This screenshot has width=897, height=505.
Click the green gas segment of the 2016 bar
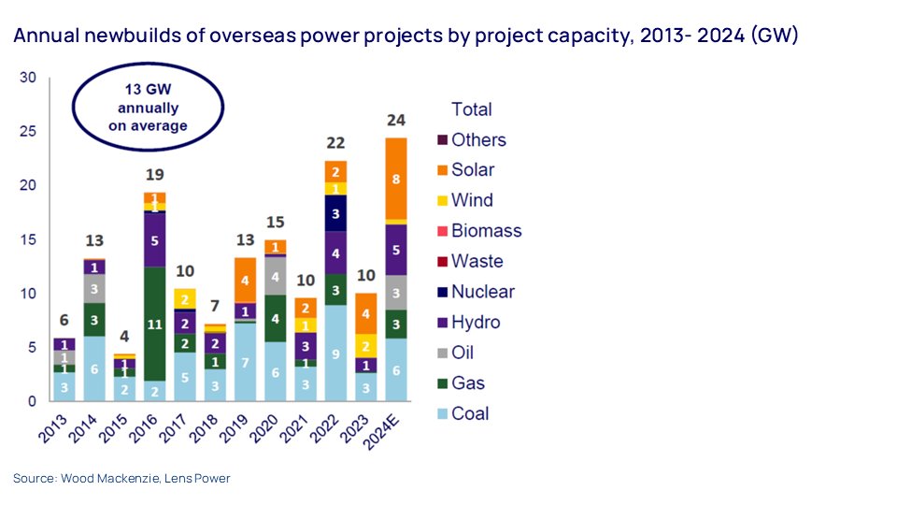[155, 325]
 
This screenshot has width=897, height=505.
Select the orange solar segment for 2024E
[397, 179]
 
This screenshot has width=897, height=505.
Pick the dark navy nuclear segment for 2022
[336, 213]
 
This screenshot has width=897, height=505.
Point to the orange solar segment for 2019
[246, 280]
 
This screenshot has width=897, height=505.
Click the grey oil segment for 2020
[276, 276]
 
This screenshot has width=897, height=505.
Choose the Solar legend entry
[473, 170]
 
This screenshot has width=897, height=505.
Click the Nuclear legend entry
[482, 291]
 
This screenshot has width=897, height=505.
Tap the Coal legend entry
[470, 413]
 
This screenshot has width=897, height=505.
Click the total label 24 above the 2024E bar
[397, 120]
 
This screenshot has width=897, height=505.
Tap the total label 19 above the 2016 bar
[155, 174]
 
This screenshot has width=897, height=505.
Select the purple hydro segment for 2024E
[397, 250]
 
